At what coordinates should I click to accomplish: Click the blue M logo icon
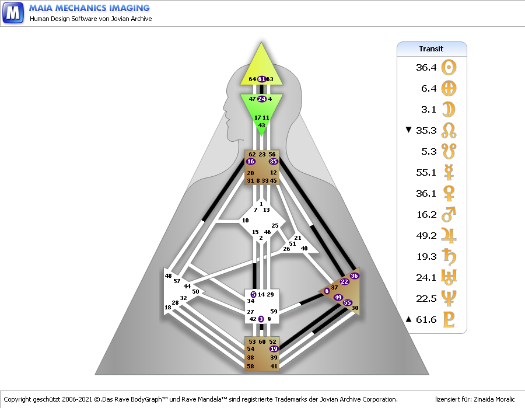(13, 12)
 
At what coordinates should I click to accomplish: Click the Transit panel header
(432, 49)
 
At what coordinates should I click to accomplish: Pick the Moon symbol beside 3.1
(449, 109)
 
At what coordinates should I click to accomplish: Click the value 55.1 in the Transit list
(426, 173)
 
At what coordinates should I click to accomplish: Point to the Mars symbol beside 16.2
(449, 215)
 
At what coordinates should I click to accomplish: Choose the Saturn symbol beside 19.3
(449, 257)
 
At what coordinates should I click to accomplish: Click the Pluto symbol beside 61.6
(449, 320)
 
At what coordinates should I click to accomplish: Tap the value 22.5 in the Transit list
(426, 299)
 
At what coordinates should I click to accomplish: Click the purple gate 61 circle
(262, 79)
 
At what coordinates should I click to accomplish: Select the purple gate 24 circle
(262, 99)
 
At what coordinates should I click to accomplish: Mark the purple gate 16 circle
(251, 162)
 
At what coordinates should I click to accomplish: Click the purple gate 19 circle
(274, 348)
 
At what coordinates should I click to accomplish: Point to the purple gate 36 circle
(354, 276)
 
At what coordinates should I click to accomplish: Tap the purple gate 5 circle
(253, 295)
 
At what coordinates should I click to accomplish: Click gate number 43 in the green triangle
(262, 125)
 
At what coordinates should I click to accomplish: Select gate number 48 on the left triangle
(169, 276)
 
